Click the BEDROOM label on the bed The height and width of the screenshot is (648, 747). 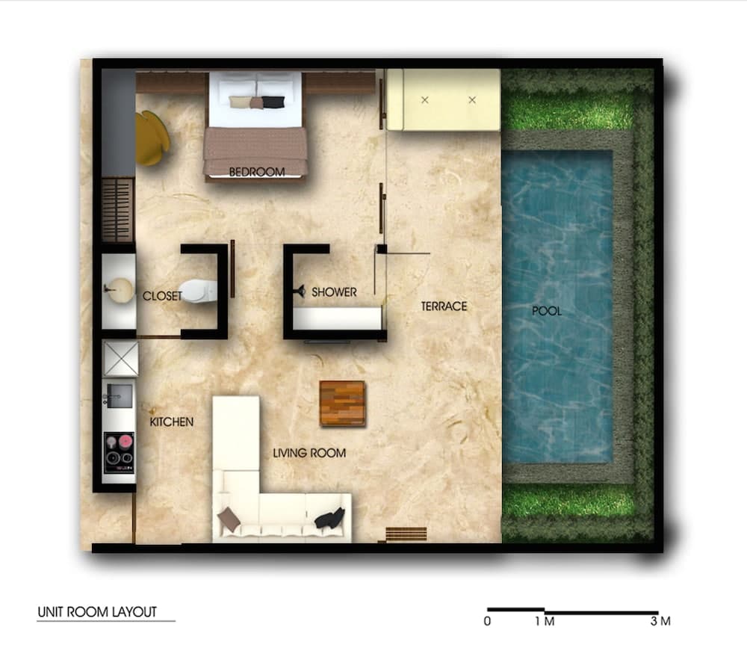256,172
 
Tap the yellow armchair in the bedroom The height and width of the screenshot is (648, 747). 152,138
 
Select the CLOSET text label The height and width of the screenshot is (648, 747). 162,296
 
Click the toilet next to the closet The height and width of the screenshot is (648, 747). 199,291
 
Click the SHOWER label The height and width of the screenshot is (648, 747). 334,291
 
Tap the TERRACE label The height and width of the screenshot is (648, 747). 444,306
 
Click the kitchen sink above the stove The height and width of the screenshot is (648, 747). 119,395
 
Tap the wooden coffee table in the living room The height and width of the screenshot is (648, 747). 342,404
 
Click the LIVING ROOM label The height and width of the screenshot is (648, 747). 309,453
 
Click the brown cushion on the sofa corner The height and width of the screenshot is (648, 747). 229,519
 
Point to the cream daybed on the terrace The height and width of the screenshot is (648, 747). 444,99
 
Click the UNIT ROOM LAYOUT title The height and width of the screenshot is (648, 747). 97,612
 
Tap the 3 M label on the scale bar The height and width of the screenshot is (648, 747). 660,621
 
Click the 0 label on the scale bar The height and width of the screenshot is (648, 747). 488,621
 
